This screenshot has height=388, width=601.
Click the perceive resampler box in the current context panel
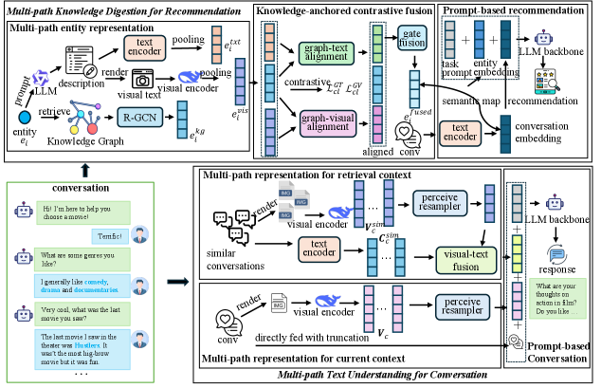(x=449, y=309)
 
